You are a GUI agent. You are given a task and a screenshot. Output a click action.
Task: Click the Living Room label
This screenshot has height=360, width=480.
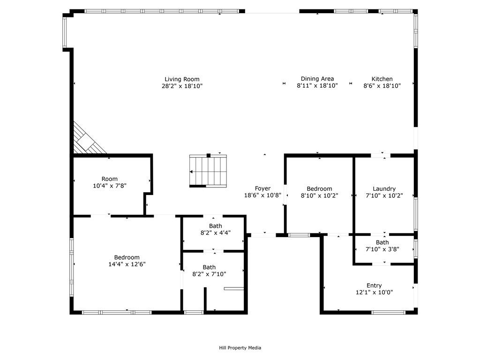[182, 79]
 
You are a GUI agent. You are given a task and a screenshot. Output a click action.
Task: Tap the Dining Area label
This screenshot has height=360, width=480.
[317, 79]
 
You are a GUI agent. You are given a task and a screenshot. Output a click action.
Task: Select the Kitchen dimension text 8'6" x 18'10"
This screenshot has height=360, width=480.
[382, 86]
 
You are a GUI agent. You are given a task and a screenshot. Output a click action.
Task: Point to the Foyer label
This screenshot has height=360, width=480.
[262, 188]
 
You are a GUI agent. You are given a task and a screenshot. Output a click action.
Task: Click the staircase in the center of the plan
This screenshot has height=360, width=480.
[208, 171]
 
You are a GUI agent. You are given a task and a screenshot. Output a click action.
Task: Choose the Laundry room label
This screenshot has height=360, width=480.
[384, 189]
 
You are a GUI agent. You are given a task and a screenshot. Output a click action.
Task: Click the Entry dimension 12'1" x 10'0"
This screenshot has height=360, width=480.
[374, 292]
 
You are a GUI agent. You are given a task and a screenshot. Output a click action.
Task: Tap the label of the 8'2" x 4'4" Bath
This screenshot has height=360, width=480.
[216, 226]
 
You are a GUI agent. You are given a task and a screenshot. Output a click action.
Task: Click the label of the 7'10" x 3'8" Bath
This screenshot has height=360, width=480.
[382, 242]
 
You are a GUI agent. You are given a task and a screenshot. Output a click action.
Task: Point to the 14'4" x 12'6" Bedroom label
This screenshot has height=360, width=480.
[127, 257]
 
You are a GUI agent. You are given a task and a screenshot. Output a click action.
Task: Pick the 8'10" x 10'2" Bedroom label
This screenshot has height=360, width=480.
[319, 189]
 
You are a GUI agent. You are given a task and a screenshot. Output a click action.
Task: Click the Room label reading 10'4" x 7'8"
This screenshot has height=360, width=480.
[110, 179]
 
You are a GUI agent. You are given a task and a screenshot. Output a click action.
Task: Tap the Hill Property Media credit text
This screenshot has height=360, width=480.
[240, 348]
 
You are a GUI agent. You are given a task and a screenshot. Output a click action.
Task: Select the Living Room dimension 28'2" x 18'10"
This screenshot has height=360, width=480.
[182, 86]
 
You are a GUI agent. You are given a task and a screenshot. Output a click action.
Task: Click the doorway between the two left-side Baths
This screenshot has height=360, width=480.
[213, 251]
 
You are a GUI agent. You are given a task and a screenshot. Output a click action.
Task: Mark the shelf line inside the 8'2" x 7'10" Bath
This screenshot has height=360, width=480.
[234, 288]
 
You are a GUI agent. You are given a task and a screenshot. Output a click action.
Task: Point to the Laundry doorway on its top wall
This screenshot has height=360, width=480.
[380, 155]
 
